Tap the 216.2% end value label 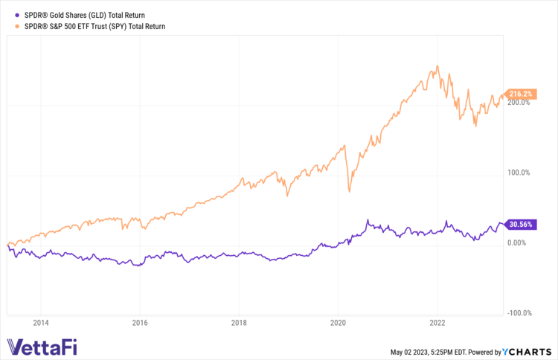point(519,94)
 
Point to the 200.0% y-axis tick point(519,103)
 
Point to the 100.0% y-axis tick point(519,173)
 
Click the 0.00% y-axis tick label point(519,242)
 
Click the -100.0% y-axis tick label point(518,313)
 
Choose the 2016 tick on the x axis point(140,323)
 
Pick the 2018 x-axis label point(239,323)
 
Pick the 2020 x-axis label point(338,323)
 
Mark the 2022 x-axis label point(437,323)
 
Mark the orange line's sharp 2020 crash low point(350,191)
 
